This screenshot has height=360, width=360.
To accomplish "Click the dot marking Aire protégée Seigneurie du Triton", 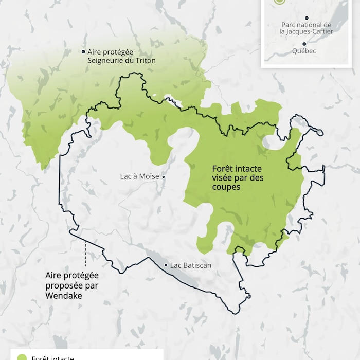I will [x=83, y=51].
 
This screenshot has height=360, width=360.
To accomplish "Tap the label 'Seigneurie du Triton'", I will [x=121, y=61].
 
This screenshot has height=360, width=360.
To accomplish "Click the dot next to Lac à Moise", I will [x=164, y=177].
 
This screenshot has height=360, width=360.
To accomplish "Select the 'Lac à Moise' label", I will [x=139, y=176].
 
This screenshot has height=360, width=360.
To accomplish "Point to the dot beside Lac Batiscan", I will [x=166, y=265].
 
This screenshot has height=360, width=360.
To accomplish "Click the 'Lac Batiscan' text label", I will [x=191, y=265].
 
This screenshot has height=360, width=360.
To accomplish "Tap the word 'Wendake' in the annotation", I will [x=64, y=296].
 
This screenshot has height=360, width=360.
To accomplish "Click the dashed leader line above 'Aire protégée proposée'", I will [x=85, y=253].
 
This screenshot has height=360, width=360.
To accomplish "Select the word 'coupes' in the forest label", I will [x=226, y=187].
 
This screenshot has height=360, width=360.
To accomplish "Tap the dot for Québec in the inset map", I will [x=304, y=44].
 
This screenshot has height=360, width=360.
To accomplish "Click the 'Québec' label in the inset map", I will [x=304, y=51].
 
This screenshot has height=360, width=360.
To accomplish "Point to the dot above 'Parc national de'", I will [x=307, y=18].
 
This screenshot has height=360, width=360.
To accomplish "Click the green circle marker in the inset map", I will [x=279, y=2].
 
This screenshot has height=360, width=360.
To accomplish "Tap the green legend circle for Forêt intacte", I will [x=22, y=357].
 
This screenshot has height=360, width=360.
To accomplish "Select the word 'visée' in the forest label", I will [x=223, y=178].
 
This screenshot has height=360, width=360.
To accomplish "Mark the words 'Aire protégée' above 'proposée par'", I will [x=71, y=276].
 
